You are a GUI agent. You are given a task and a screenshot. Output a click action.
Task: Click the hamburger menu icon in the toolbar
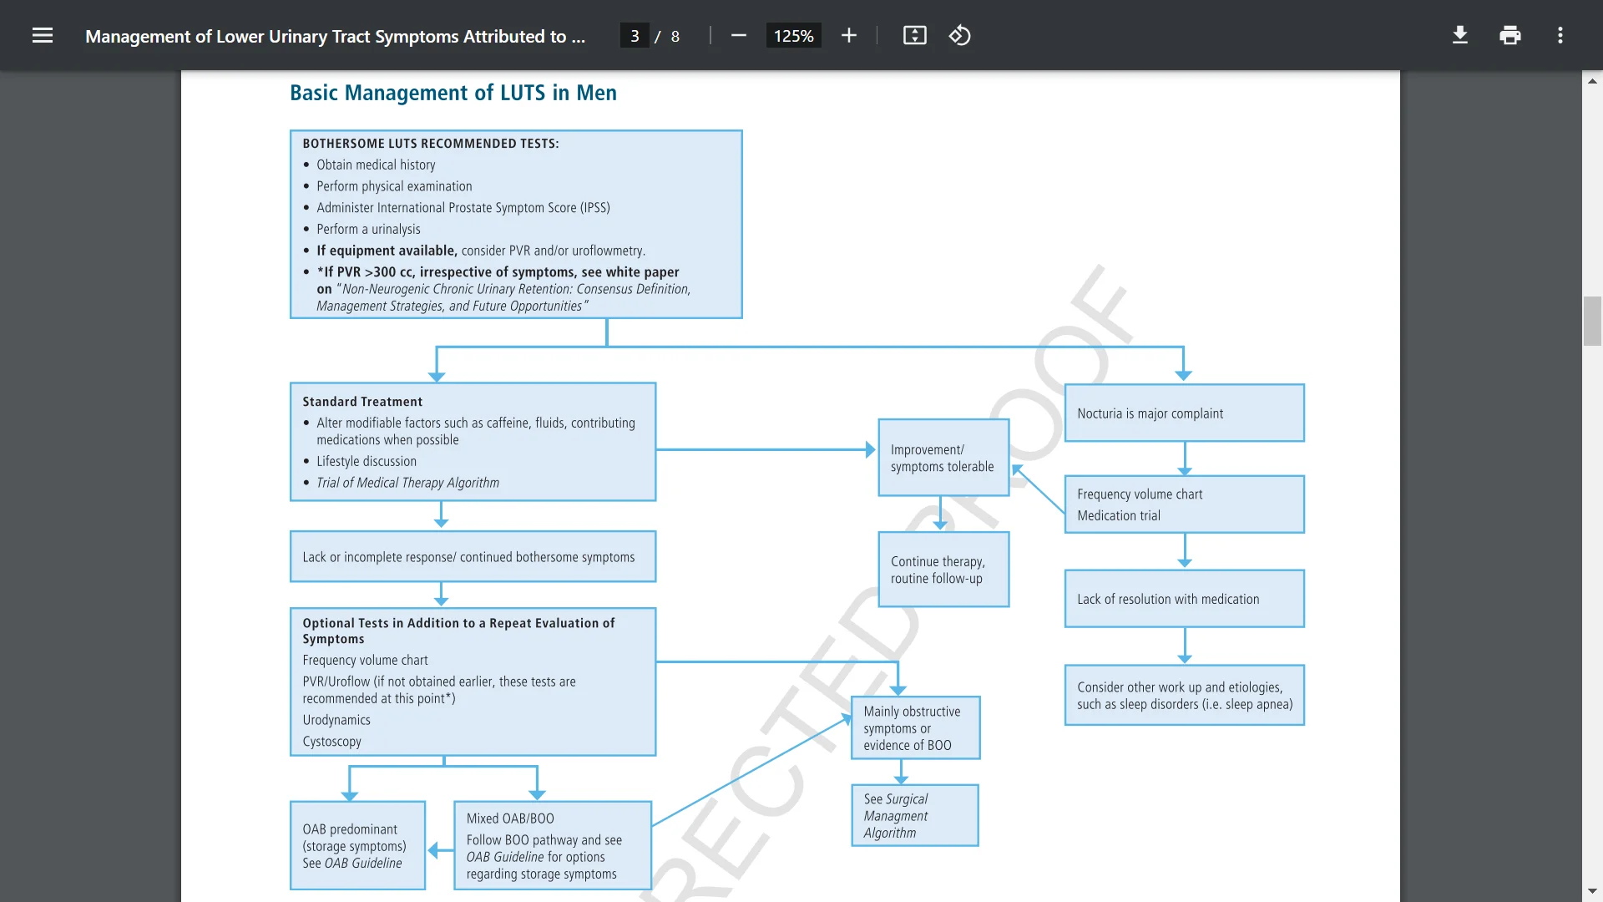tap(43, 35)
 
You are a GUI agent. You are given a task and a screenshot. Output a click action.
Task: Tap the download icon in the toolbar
tap(1459, 35)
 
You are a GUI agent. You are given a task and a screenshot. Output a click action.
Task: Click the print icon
tap(1509, 35)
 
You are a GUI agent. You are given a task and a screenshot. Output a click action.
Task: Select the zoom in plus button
tap(848, 35)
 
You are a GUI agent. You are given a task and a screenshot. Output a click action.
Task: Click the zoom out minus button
tap(738, 35)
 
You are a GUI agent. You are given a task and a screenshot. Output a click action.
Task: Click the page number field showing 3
tap(635, 36)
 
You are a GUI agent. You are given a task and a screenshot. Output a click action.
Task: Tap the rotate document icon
tap(959, 35)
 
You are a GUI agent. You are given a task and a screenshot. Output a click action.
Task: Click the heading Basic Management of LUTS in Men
tap(453, 93)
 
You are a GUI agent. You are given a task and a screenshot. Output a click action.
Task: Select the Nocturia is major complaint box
tap(1184, 413)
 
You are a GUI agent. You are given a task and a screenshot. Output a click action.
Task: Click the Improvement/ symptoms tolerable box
tap(943, 458)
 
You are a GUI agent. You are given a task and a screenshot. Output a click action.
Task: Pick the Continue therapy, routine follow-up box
tap(943, 570)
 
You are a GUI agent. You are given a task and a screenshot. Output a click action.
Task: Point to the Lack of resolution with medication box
tap(1184, 599)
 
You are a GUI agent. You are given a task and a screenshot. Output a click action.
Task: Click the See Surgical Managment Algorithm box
tap(914, 815)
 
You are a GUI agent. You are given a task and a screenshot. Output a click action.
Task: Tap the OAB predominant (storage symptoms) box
tap(357, 845)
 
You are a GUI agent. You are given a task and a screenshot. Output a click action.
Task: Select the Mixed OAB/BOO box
tap(551, 845)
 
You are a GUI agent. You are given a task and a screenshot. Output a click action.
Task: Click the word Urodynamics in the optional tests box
tap(336, 720)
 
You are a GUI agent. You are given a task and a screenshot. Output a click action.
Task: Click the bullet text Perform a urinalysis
tap(367, 229)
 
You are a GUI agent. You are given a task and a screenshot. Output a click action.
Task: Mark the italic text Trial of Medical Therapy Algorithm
tap(407, 483)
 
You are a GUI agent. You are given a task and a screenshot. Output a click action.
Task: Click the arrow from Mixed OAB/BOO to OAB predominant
tap(439, 850)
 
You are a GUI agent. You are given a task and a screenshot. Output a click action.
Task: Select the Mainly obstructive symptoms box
tap(914, 727)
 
